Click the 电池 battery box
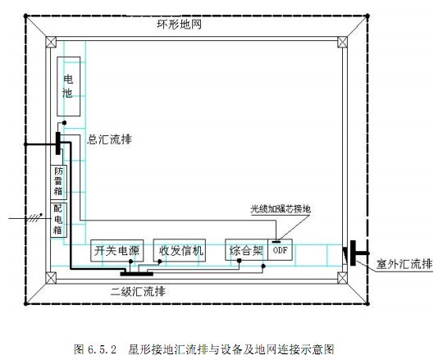pyautogui.click(x=69, y=86)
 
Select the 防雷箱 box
pyautogui.click(x=59, y=182)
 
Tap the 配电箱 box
pyautogui.click(x=59, y=220)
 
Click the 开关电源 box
pyautogui.click(x=117, y=250)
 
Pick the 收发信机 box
pyautogui.click(x=180, y=250)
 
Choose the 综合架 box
pyautogui.click(x=246, y=250)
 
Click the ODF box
pyautogui.click(x=280, y=250)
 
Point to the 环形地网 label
pyautogui.click(x=180, y=25)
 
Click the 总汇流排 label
pyautogui.click(x=110, y=139)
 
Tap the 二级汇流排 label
pyautogui.click(x=138, y=291)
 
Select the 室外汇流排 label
pyautogui.click(x=404, y=264)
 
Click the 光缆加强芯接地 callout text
pyautogui.click(x=281, y=209)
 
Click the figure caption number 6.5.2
pyautogui.click(x=102, y=349)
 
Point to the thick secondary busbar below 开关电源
pyautogui.click(x=137, y=274)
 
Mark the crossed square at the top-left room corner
pyautogui.click(x=51, y=42)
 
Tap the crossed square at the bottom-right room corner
pyautogui.click(x=342, y=278)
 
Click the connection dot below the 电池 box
pyautogui.click(x=65, y=123)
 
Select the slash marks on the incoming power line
pyautogui.click(x=34, y=217)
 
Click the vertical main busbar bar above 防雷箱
pyautogui.click(x=58, y=144)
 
